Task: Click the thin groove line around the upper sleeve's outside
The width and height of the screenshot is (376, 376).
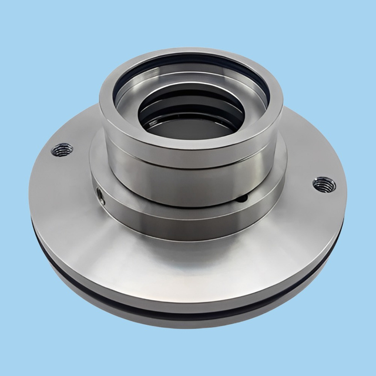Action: [x=188, y=164]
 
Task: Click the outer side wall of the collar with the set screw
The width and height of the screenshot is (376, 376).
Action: [x=176, y=217]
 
